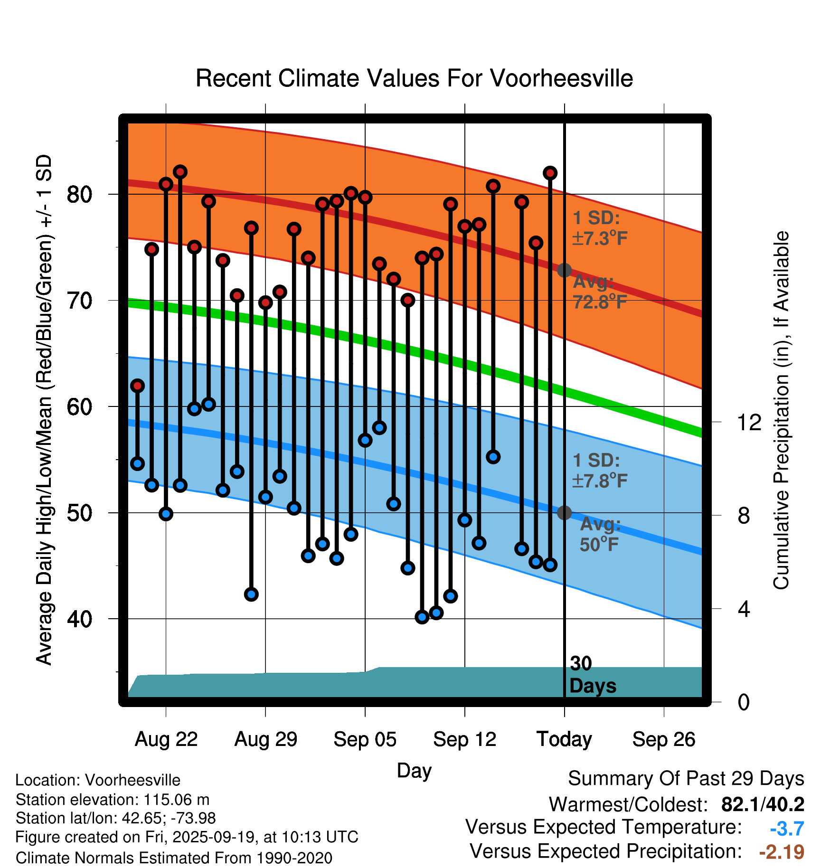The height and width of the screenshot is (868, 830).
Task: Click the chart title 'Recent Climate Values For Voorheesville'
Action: (x=414, y=78)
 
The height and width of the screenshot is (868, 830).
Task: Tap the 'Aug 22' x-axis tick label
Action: (x=166, y=739)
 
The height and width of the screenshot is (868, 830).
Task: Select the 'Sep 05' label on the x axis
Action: (x=365, y=739)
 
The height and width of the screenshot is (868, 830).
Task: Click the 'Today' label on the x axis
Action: (x=564, y=739)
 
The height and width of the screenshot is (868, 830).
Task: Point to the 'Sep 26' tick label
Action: (x=664, y=739)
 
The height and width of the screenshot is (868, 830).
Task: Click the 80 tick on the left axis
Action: (x=79, y=194)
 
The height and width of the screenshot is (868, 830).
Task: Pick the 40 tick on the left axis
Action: (x=79, y=619)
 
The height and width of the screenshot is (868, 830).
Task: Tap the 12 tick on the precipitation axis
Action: (x=749, y=422)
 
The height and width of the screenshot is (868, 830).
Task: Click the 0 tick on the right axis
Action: (x=744, y=702)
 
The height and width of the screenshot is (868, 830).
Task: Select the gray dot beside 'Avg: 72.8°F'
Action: (x=564, y=270)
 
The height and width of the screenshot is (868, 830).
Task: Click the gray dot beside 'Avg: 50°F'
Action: (x=564, y=513)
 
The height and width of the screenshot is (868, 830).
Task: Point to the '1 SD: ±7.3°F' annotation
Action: (x=600, y=228)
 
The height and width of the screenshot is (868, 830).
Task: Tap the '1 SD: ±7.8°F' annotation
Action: (x=600, y=471)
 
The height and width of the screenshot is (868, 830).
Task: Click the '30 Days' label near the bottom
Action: (x=592, y=675)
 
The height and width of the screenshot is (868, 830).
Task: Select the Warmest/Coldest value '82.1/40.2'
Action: (x=763, y=804)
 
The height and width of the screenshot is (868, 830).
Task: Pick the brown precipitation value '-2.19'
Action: (x=782, y=852)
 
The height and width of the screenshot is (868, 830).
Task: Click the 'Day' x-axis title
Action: (x=414, y=770)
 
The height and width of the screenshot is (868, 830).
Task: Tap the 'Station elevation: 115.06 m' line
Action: (x=113, y=800)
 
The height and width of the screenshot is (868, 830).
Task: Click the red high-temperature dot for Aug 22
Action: (x=166, y=184)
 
